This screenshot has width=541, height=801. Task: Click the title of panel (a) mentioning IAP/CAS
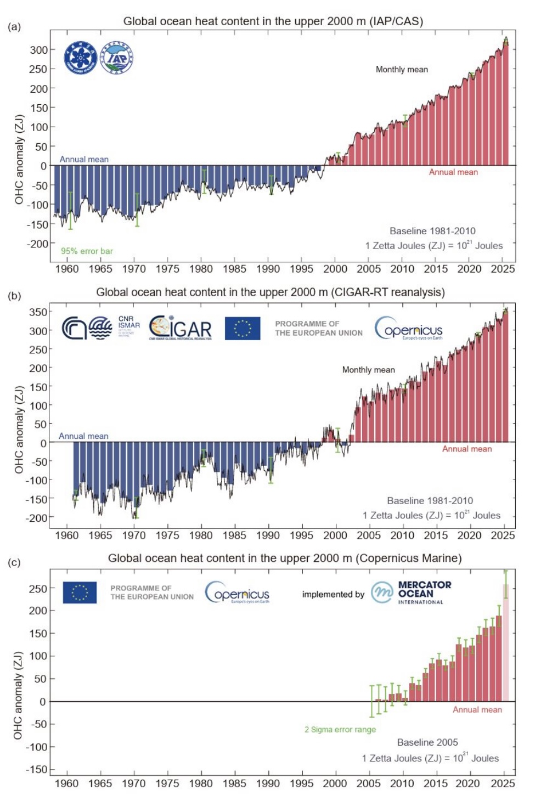click(x=273, y=21)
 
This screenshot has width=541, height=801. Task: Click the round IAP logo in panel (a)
click(x=117, y=57)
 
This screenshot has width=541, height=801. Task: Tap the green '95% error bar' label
click(x=87, y=251)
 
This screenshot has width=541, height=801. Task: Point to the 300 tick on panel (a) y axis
click(x=38, y=50)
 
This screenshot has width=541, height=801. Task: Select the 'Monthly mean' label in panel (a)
click(x=402, y=70)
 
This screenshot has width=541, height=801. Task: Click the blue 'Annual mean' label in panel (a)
click(x=84, y=160)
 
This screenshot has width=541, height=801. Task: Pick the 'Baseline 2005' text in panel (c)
click(x=427, y=742)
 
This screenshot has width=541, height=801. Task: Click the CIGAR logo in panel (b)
click(x=181, y=328)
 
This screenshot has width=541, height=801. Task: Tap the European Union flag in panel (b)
click(x=243, y=329)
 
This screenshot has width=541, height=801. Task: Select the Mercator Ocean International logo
click(x=412, y=593)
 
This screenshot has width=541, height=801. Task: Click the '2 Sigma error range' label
click(x=340, y=730)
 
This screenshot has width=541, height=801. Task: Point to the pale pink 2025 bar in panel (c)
click(x=505, y=642)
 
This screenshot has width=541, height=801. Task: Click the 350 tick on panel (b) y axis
click(x=38, y=312)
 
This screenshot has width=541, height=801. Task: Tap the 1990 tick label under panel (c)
click(x=268, y=783)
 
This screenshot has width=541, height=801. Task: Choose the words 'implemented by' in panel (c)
click(x=333, y=595)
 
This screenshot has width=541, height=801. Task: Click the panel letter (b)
click(x=14, y=296)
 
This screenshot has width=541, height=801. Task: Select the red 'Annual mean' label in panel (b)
click(x=467, y=449)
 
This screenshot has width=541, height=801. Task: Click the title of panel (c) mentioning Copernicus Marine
click(x=285, y=559)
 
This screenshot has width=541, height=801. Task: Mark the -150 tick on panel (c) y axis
click(x=37, y=770)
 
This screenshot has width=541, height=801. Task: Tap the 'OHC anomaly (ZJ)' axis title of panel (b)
click(x=19, y=429)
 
